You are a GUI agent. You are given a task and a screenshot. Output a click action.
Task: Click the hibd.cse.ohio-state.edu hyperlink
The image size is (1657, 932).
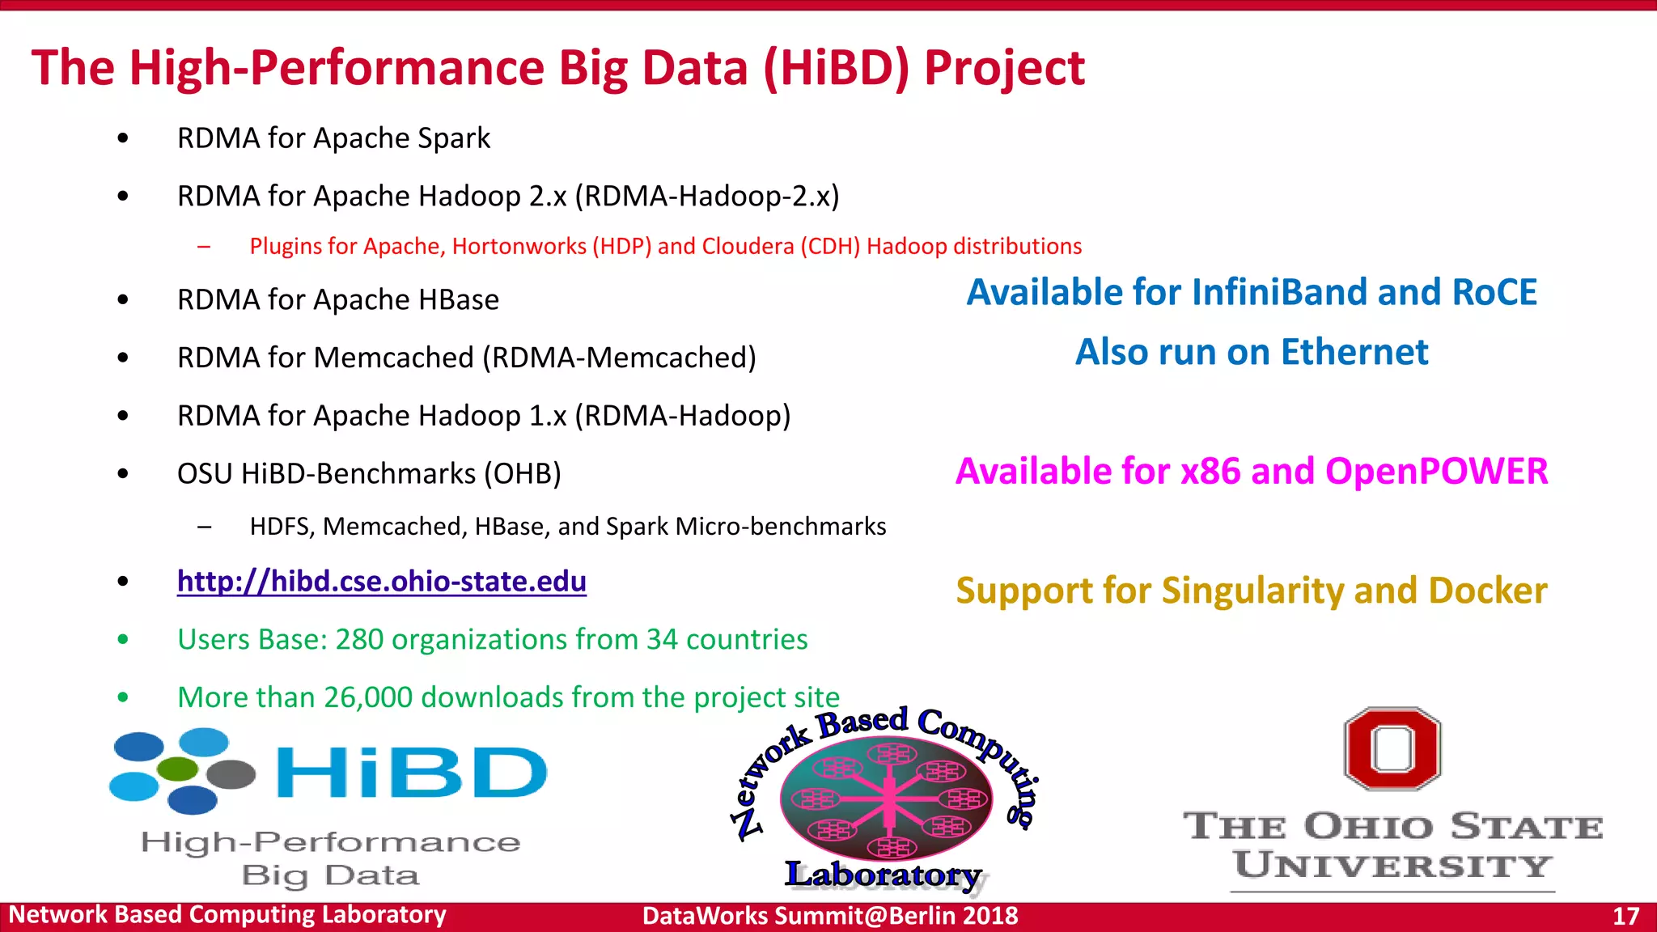pos(381,582)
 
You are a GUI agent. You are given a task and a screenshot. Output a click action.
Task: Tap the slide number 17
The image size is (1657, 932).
pos(1625,916)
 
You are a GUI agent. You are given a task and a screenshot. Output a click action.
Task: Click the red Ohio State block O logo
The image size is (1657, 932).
pos(1392,748)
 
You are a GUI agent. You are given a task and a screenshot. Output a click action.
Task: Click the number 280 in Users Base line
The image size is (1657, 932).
pos(359,640)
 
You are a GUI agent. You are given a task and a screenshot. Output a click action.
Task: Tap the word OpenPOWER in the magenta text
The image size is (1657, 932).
pos(1436,472)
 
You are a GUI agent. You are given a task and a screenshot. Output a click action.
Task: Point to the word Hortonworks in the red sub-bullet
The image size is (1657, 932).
pos(519,246)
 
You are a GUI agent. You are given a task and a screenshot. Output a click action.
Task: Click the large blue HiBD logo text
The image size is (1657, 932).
pos(411,773)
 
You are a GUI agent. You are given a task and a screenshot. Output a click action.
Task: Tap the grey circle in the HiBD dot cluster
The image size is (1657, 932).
pos(231,774)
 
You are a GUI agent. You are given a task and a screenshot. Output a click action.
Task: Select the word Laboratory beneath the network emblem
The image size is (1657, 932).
pos(883,875)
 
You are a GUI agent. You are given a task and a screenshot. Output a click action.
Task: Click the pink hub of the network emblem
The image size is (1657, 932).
pos(888,797)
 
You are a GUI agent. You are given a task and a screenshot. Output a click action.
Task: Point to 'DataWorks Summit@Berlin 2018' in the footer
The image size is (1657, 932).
pos(829,916)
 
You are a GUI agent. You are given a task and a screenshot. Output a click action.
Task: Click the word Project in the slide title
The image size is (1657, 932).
pos(1003,68)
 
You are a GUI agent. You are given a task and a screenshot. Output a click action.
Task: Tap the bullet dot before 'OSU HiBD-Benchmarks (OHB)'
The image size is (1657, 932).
pos(123,474)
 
